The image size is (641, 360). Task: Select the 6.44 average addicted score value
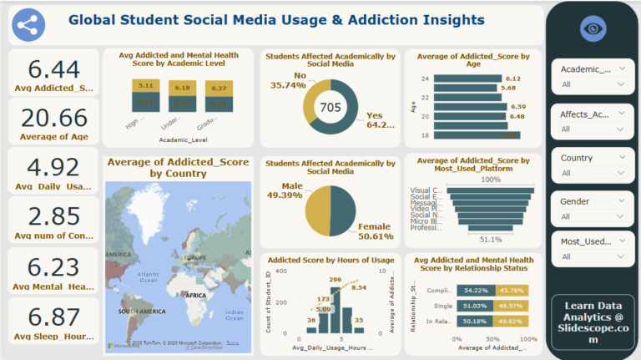[x=53, y=69]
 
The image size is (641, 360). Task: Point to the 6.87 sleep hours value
[x=53, y=317]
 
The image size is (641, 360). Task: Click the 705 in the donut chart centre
[x=331, y=107]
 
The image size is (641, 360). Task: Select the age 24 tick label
[x=425, y=79]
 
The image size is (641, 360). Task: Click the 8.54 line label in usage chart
[x=360, y=287]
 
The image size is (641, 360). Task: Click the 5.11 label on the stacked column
[x=144, y=85]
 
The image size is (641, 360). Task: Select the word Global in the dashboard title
[x=93, y=19]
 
